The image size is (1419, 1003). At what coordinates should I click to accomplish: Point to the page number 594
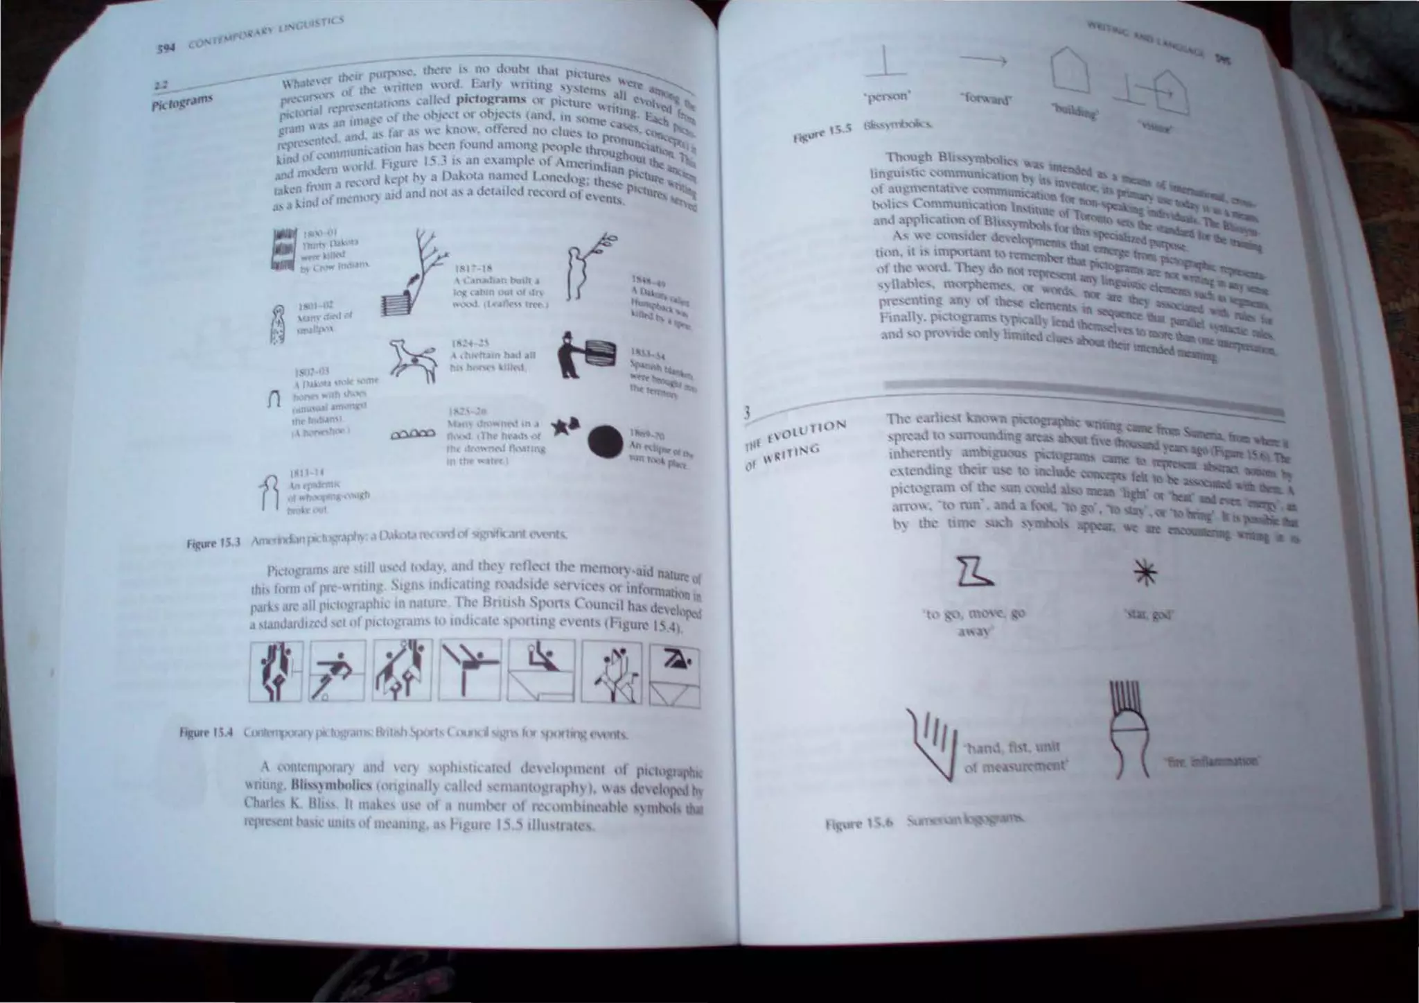click(164, 49)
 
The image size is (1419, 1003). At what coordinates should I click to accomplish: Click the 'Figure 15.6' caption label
click(860, 824)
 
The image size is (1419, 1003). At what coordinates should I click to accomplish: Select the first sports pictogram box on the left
click(276, 670)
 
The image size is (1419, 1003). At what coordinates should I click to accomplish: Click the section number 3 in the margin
click(748, 414)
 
